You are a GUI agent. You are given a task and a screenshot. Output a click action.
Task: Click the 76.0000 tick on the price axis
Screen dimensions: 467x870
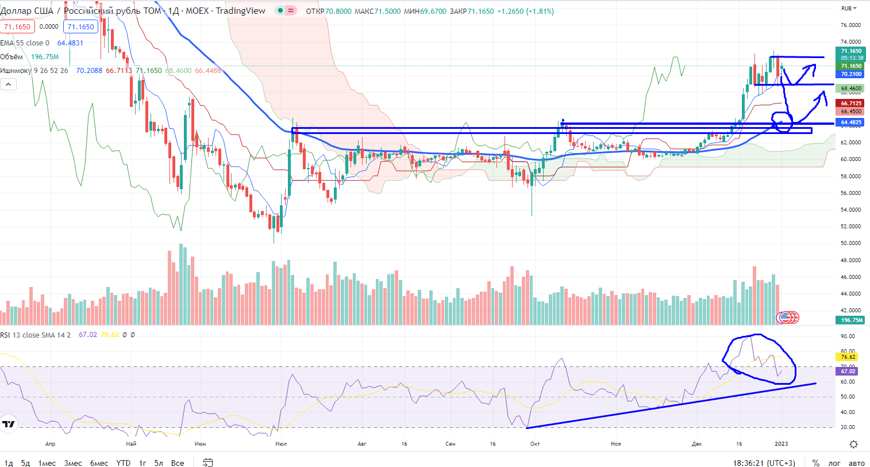[850, 25]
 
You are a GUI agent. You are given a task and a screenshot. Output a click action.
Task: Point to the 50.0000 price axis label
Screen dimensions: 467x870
[850, 243]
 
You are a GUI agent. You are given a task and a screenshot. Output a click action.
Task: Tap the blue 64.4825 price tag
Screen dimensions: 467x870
[850, 123]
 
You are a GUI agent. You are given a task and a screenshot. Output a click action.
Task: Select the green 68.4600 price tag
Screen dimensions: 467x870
[850, 89]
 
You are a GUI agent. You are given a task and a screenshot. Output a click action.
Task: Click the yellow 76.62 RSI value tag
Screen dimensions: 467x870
[848, 357]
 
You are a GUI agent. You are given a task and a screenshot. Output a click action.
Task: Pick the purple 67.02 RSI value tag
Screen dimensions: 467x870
[848, 372]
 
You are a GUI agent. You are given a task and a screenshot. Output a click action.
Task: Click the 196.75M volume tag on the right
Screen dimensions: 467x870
[851, 320]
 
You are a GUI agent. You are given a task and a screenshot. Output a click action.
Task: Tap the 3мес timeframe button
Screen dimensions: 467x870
[73, 463]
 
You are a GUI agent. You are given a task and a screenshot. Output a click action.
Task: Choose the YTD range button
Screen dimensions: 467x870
[123, 463]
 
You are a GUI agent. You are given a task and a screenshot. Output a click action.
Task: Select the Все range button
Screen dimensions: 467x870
[178, 463]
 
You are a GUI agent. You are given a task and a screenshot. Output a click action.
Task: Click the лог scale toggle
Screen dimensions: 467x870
[834, 463]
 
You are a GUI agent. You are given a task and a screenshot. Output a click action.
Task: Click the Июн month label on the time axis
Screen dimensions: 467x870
[200, 444]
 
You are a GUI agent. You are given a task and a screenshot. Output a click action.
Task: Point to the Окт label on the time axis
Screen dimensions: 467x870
[535, 444]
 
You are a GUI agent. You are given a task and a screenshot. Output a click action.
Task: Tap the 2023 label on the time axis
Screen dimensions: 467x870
[782, 444]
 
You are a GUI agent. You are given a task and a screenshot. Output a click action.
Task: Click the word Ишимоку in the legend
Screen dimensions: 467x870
[16, 71]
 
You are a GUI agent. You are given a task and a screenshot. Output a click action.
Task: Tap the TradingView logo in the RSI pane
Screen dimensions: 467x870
[9, 425]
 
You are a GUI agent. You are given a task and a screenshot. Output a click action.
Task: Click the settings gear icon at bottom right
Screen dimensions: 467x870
[853, 444]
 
